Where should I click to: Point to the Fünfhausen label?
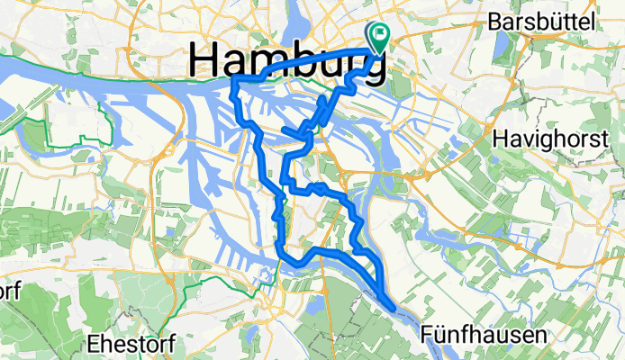[485, 336]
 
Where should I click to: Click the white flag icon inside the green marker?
[378, 35]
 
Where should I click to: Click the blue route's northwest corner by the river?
[236, 82]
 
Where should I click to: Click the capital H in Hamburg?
[205, 61]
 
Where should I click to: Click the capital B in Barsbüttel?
[493, 21]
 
